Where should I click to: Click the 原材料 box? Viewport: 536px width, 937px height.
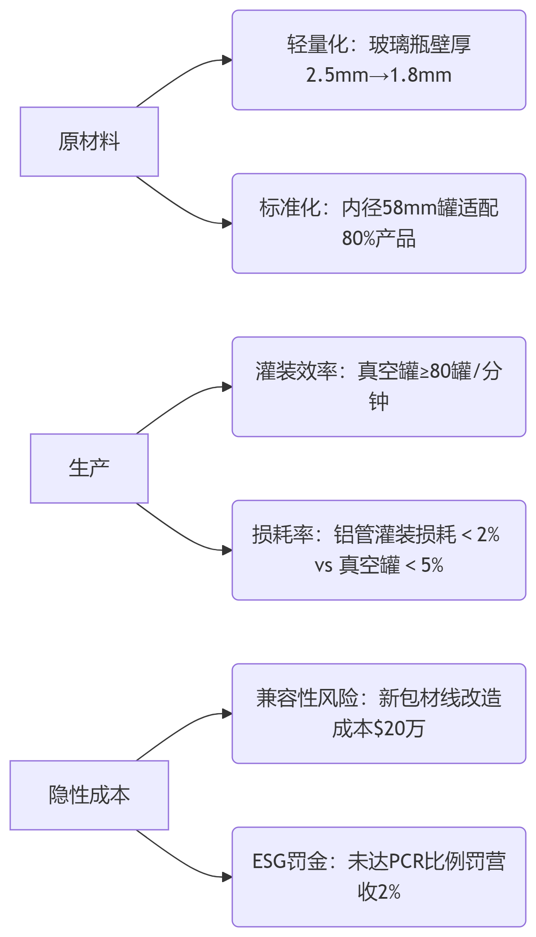point(89,142)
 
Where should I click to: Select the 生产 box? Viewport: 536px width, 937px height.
point(89,468)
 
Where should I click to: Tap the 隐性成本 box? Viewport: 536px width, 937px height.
point(89,795)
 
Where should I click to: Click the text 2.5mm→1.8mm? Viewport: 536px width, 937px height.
point(379,75)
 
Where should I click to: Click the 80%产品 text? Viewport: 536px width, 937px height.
point(379,239)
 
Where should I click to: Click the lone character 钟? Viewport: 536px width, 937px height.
point(379,402)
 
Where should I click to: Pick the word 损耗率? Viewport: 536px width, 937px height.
point(283,534)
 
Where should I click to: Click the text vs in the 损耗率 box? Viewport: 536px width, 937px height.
point(323,566)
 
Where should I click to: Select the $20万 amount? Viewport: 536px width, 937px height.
point(399,729)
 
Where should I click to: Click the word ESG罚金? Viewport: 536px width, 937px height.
point(290,861)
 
